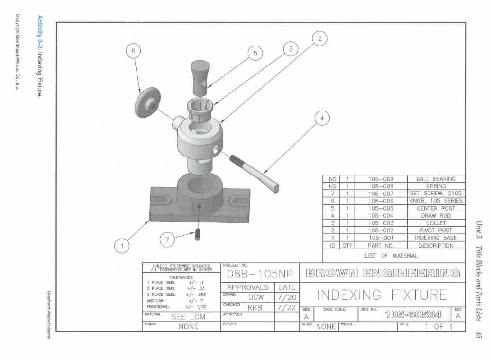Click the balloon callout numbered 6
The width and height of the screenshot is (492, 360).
pos(133,51)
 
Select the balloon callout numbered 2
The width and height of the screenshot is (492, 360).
pos(320,38)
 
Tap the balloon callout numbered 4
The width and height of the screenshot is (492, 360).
pos(322,118)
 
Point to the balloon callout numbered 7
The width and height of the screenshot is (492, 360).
pos(167,240)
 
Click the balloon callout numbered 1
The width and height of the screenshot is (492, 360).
pos(122,246)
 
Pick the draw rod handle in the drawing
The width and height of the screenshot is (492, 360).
pos(254,174)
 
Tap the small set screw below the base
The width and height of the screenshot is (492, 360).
pos(197,234)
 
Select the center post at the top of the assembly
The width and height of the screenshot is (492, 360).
pos(200,78)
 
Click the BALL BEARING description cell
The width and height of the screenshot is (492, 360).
pos(436,179)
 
